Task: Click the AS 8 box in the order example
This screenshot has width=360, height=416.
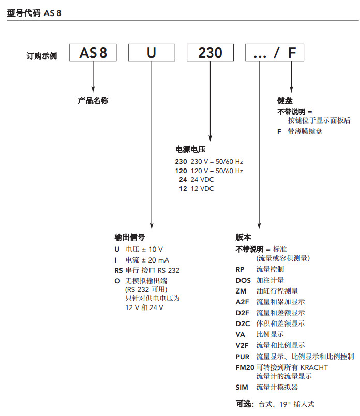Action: point(93,53)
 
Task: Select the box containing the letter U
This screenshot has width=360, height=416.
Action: point(152,53)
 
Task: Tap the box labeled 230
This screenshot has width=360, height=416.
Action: point(211,53)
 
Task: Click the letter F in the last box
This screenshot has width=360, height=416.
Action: point(292,53)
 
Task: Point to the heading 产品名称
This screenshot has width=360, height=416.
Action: point(93,101)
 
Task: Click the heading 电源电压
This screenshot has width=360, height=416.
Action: point(190,149)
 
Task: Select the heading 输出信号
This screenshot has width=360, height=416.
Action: point(129,237)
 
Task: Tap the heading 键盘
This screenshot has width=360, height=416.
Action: point(285,101)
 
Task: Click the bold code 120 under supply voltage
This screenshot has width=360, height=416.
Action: point(181,171)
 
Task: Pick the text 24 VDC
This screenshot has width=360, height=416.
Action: point(202,180)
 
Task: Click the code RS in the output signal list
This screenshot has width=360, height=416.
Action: point(118,270)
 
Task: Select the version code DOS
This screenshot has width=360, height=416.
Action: point(243,280)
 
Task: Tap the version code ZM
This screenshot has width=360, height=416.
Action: point(241,291)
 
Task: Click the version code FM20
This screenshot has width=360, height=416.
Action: point(245,367)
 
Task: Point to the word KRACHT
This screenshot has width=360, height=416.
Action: point(314,367)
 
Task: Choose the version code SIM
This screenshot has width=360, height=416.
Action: point(242,388)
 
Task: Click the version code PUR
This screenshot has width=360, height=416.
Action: point(243,357)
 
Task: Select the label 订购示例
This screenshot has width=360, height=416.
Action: point(42,56)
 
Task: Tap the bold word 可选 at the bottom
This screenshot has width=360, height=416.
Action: point(243,404)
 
